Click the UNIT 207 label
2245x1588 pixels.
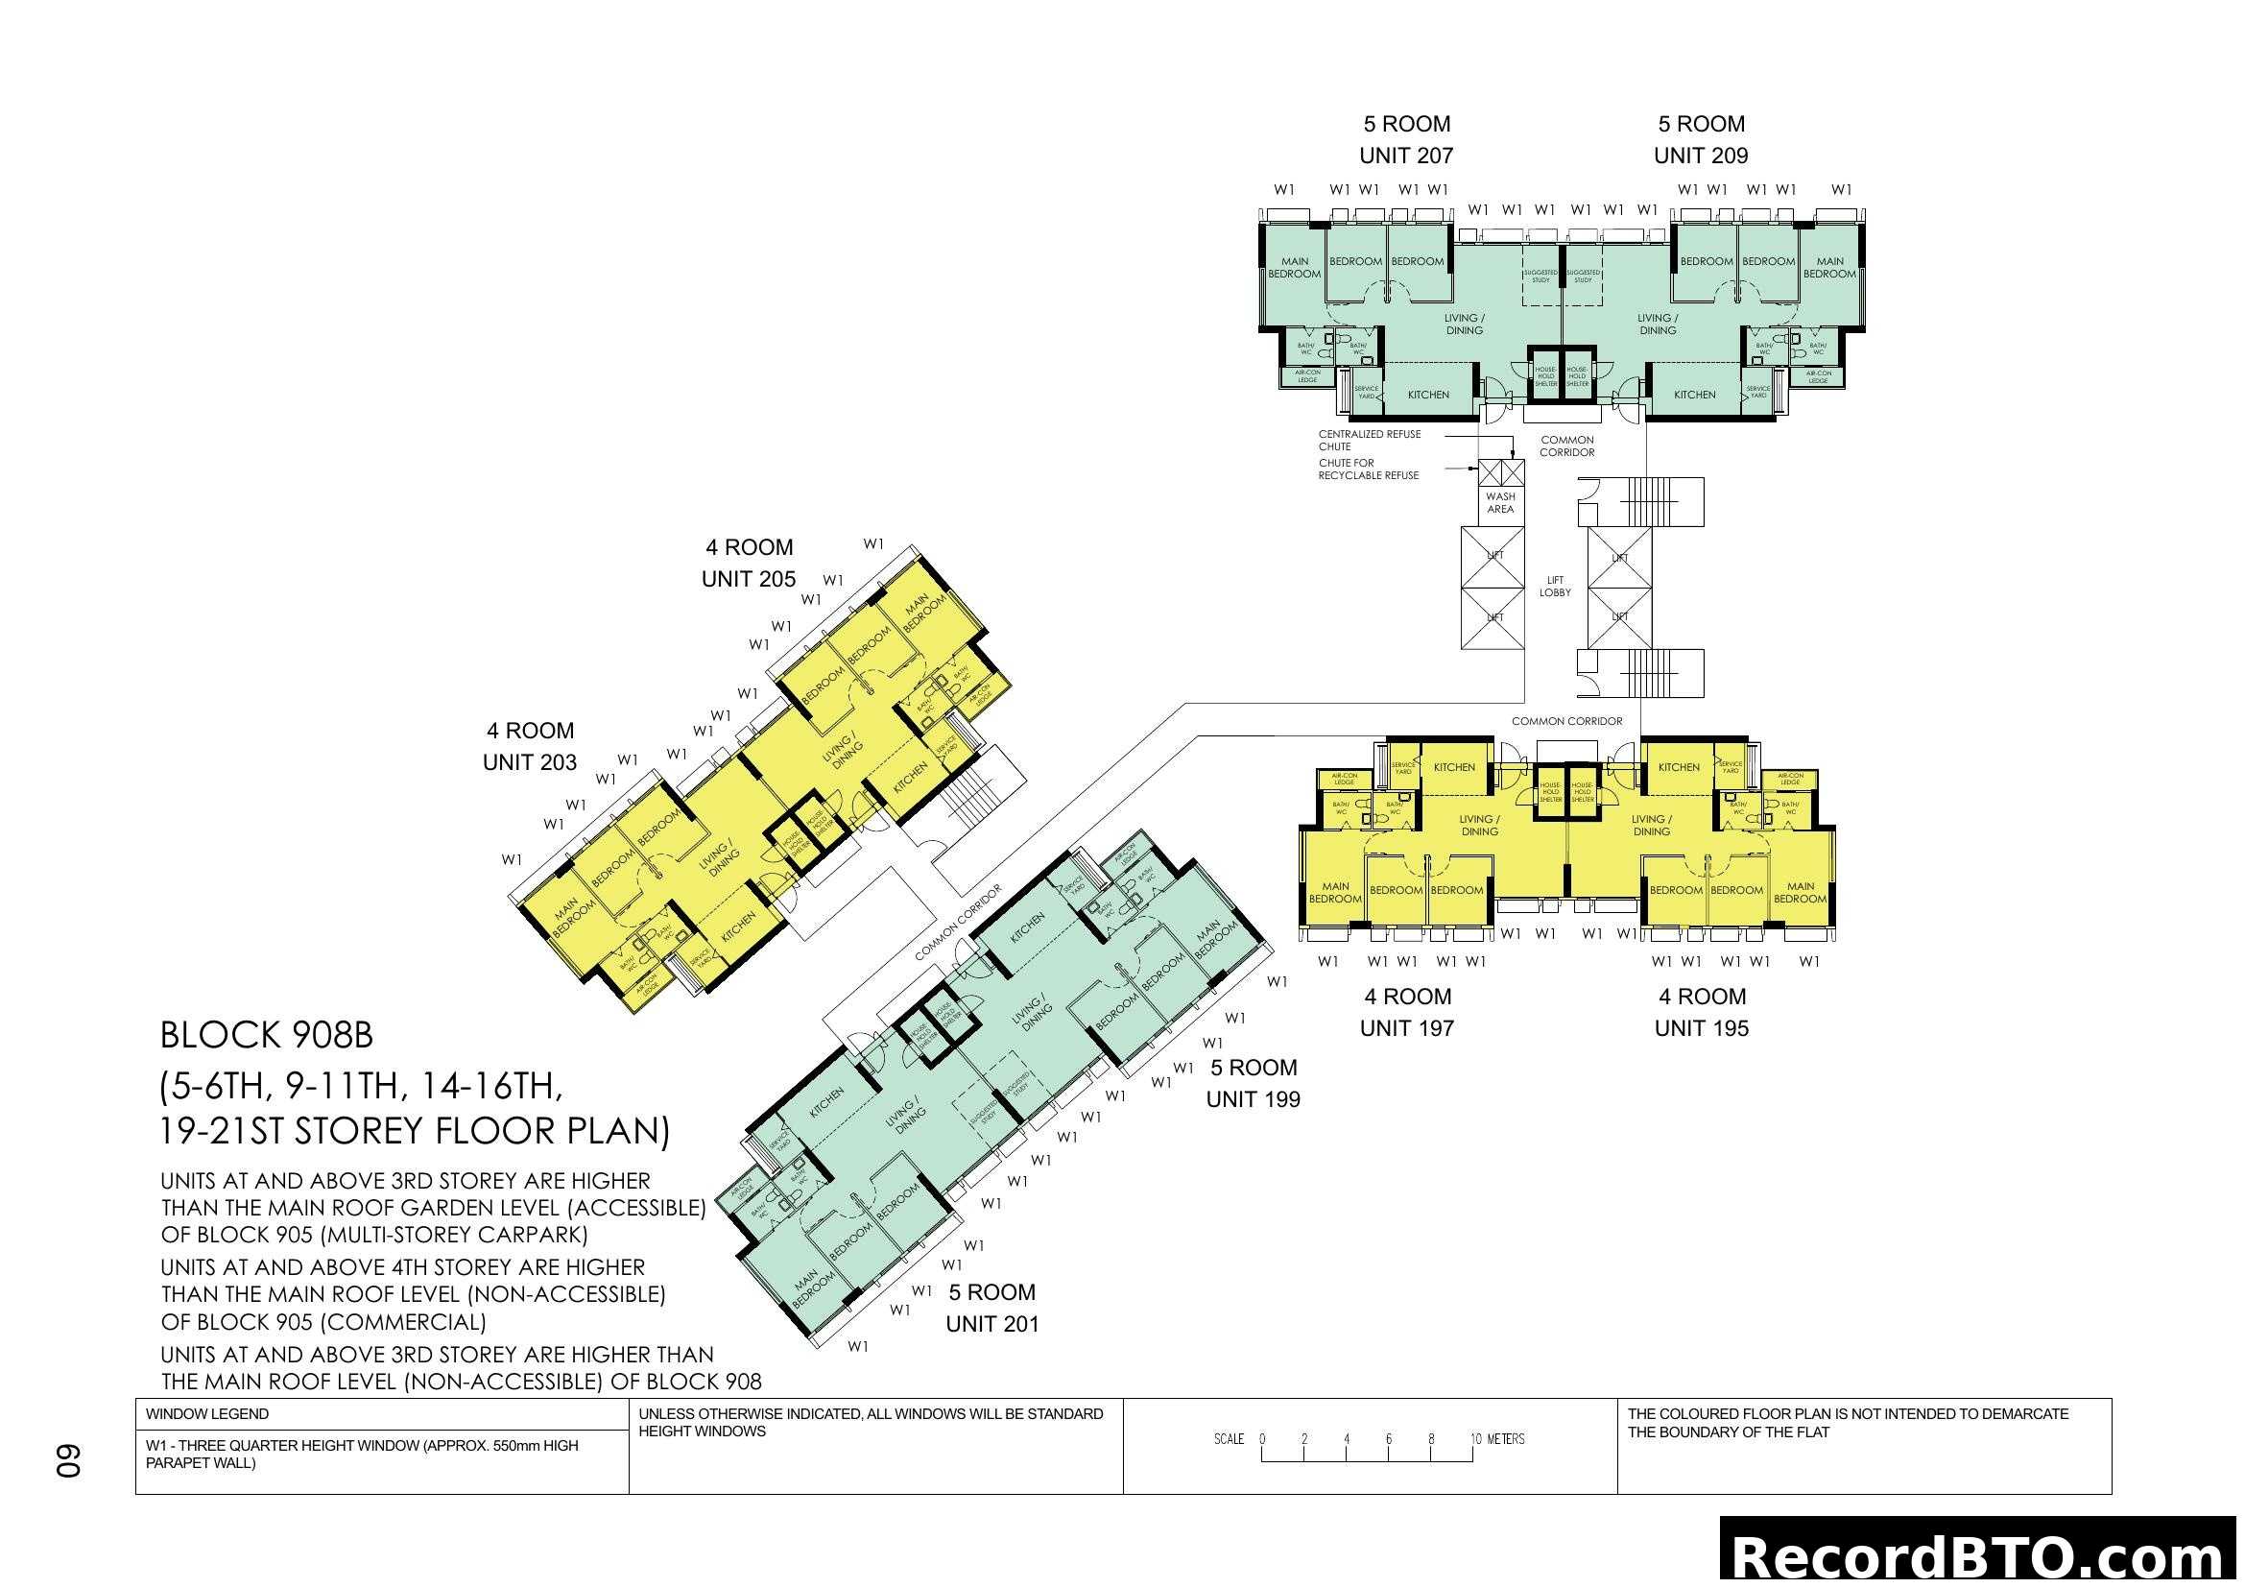pos(1406,156)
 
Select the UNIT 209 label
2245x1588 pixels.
pos(1701,156)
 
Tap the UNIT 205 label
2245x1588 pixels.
pos(749,579)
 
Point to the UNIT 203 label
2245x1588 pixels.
pos(530,761)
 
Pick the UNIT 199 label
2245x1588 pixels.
pos(1254,1099)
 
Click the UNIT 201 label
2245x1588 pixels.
pos(991,1324)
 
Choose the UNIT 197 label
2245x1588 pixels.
pos(1407,1027)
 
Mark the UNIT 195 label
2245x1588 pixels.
pos(1702,1027)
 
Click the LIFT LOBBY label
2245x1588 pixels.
pos(1555,587)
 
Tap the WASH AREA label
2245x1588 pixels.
pos(1500,502)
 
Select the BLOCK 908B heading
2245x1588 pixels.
pos(267,1036)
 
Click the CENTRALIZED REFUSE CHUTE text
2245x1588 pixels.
pos(1369,440)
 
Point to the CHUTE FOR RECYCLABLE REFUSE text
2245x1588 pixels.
pos(1368,469)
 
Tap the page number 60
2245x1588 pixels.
pos(67,1461)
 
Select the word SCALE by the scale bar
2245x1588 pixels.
pos(1230,1439)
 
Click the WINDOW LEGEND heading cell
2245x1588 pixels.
pos(207,1414)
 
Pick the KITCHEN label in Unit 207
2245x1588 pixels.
pos(1428,395)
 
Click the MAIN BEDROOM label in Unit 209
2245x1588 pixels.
pos(1829,268)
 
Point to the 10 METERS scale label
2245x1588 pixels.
pos(1498,1439)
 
